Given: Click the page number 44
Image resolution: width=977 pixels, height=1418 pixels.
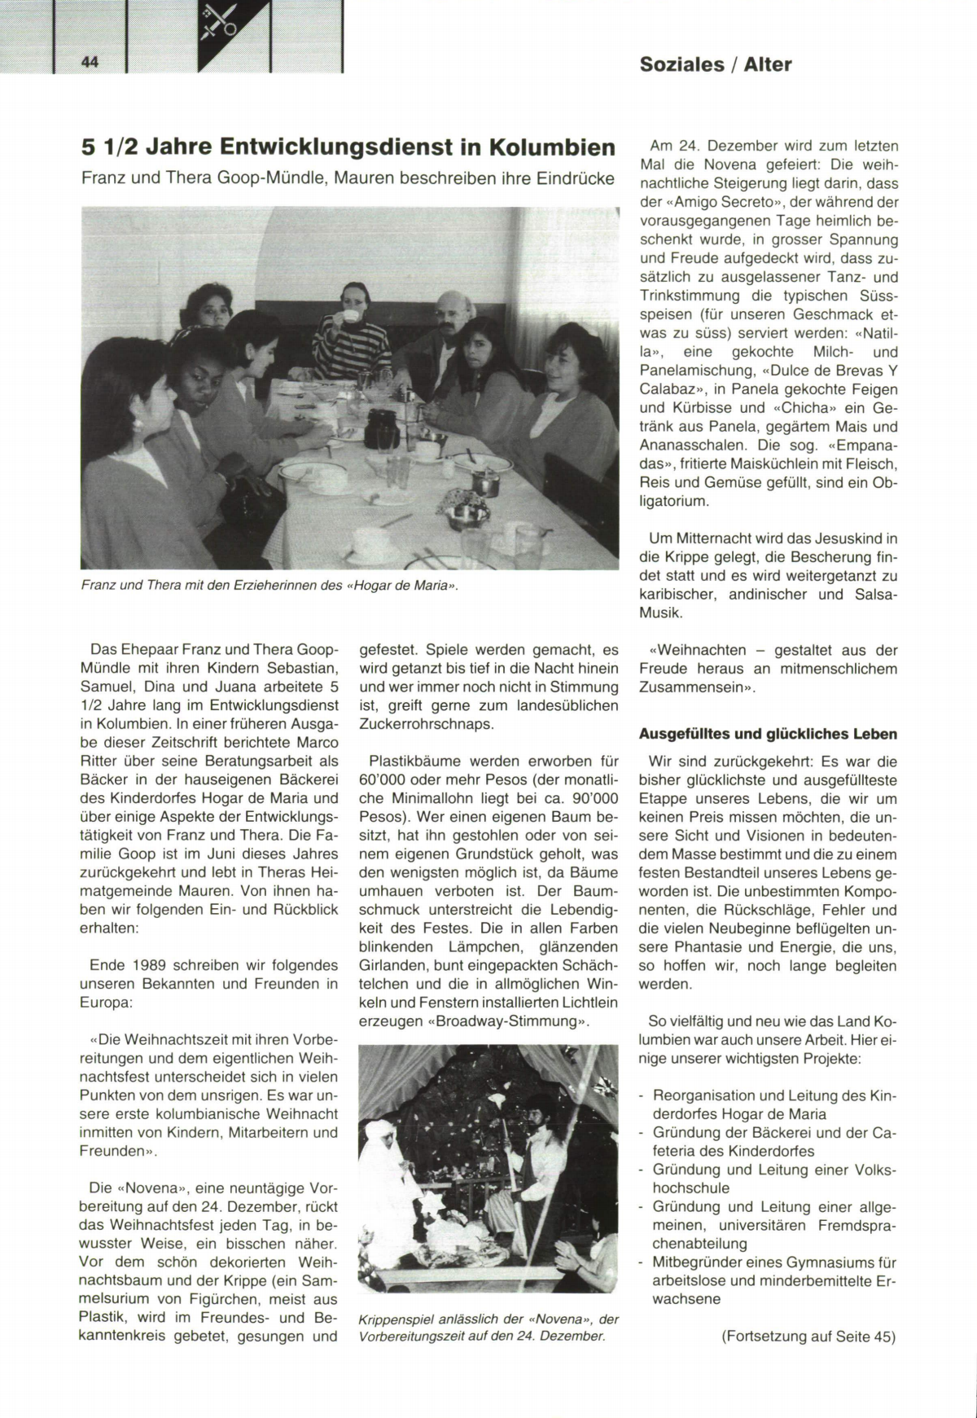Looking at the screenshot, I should point(90,63).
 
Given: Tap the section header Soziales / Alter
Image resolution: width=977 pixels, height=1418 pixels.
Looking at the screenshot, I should point(715,64).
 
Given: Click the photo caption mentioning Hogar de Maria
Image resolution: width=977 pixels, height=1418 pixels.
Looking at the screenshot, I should point(265,585).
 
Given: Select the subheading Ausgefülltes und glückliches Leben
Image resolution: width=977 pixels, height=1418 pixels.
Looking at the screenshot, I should point(768,734).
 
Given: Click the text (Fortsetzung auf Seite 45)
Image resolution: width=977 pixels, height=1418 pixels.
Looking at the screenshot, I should point(808,1337).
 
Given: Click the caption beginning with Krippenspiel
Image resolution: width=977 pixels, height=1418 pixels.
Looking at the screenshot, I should point(488,1328).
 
